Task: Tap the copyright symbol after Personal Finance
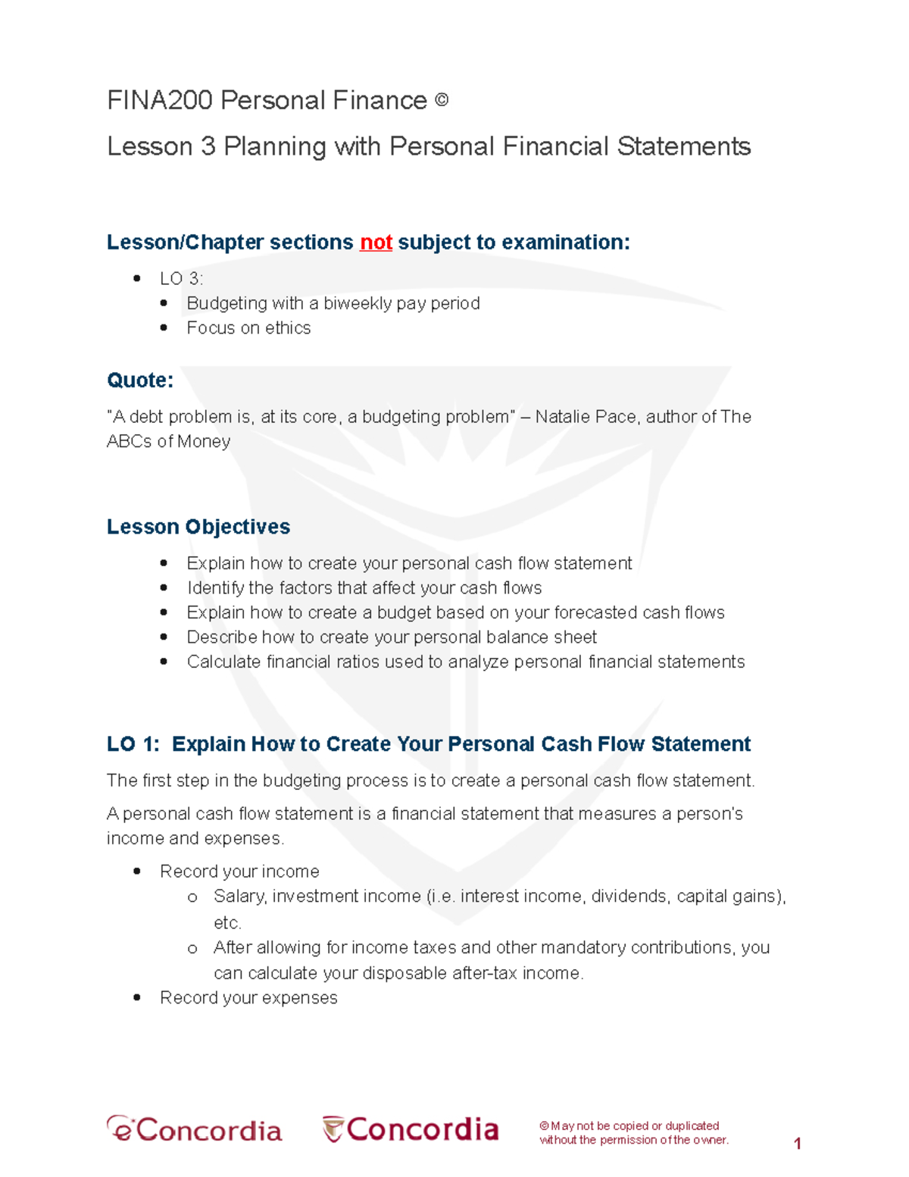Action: click(x=442, y=100)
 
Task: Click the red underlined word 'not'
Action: click(x=376, y=243)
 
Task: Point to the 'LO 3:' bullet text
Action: click(x=181, y=279)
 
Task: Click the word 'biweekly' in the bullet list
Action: click(x=357, y=304)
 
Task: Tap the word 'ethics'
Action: click(x=288, y=328)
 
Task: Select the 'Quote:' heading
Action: click(x=140, y=380)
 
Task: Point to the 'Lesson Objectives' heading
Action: click(x=198, y=527)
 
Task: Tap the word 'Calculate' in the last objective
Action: click(x=223, y=662)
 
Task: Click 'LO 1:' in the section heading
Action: click(x=133, y=744)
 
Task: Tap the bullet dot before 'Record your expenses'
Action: click(x=137, y=998)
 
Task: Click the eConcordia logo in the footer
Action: click(x=195, y=1129)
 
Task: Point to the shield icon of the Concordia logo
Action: click(x=333, y=1128)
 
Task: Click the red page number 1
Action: click(x=797, y=1144)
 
